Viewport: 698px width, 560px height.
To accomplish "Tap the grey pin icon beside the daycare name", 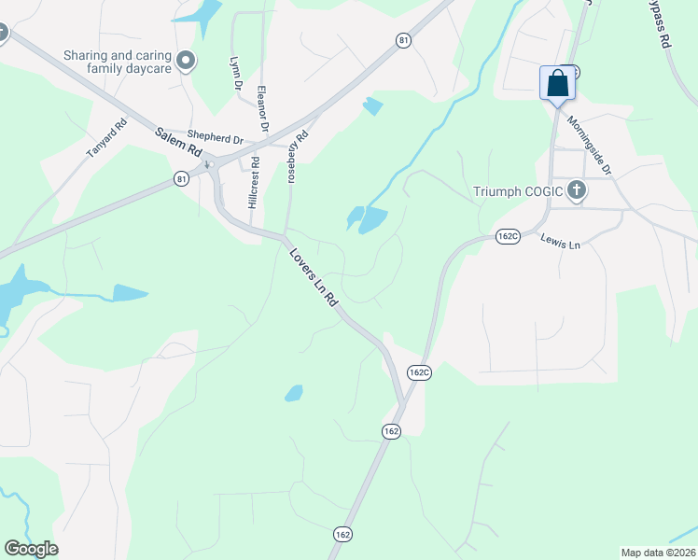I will click(x=186, y=62).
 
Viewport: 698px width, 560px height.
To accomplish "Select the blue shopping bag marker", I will click(x=557, y=83).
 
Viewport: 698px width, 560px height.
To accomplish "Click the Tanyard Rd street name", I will click(x=107, y=140).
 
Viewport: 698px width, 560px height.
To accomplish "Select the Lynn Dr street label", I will click(x=237, y=73).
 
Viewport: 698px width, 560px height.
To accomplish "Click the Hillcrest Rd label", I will click(x=253, y=187).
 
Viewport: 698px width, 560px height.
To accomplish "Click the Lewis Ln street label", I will click(x=561, y=242).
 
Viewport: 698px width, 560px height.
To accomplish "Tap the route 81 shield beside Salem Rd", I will click(x=181, y=178).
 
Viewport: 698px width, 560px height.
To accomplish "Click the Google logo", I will click(x=31, y=549).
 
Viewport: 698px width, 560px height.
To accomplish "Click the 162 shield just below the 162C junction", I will click(x=391, y=430).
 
